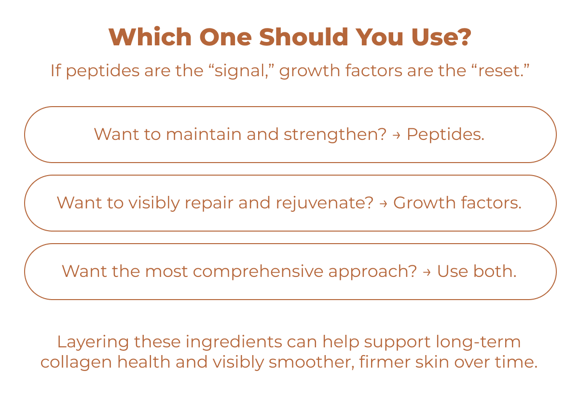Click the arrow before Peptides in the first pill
[x=397, y=135]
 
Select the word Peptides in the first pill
[x=445, y=135]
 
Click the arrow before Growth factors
[x=383, y=204]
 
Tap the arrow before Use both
[x=427, y=272]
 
